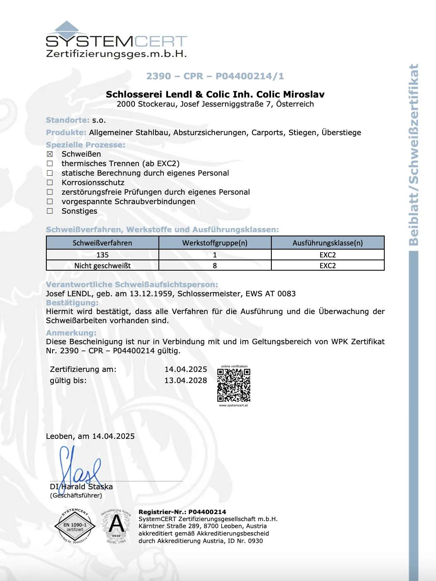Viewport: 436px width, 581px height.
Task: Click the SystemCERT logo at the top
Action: [x=116, y=40]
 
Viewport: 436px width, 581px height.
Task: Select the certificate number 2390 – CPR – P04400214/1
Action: [x=215, y=76]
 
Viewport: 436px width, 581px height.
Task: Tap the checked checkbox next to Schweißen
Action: [x=50, y=154]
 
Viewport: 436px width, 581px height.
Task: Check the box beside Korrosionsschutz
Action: [x=50, y=183]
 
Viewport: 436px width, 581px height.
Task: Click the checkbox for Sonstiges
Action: [x=50, y=211]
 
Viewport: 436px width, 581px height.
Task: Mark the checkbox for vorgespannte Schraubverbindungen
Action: [x=50, y=202]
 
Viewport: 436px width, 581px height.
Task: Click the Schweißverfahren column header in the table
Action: [x=102, y=243]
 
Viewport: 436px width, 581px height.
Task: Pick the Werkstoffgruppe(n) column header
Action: [x=215, y=243]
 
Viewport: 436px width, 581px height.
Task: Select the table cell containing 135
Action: [x=102, y=255]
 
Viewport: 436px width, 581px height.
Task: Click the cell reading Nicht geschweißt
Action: [x=102, y=266]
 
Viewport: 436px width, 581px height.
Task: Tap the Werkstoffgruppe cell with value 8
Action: [x=215, y=266]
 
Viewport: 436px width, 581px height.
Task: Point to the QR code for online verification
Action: [x=234, y=385]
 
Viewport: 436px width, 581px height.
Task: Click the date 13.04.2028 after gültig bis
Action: [x=186, y=381]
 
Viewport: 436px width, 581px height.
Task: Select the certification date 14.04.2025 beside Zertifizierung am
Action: [x=186, y=369]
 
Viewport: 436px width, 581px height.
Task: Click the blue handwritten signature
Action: [x=79, y=467]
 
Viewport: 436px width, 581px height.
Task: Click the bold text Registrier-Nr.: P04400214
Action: [x=182, y=512]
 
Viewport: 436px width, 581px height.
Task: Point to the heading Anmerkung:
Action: [x=71, y=333]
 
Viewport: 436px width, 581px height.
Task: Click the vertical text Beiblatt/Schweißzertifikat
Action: [x=414, y=155]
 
